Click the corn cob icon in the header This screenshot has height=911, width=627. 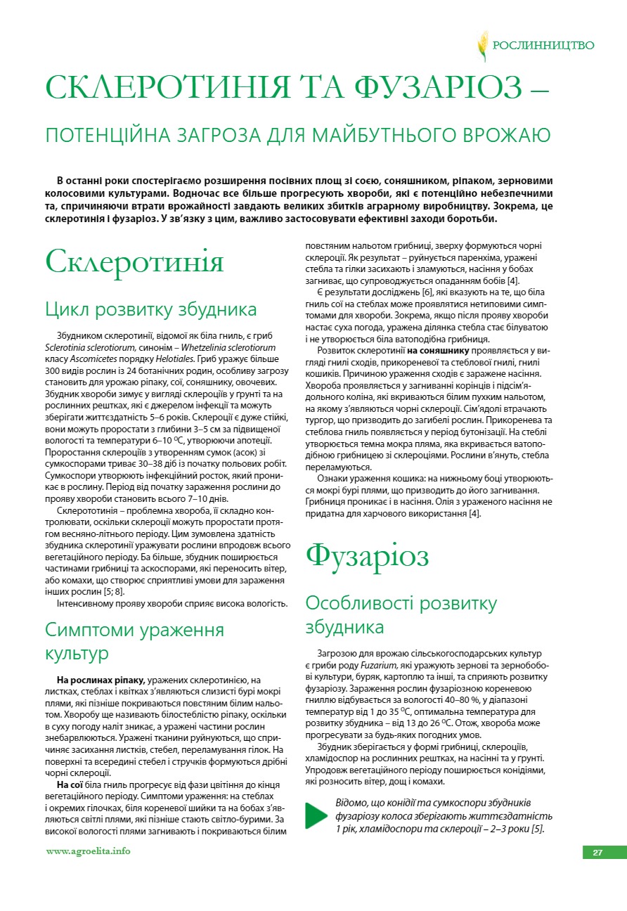coord(483,46)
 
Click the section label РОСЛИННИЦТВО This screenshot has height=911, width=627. coord(543,46)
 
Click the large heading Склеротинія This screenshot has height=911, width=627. coord(134,262)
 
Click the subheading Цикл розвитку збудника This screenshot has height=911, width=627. coord(151,309)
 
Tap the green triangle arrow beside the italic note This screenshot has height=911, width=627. coord(316,815)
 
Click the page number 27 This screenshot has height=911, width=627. coord(597,853)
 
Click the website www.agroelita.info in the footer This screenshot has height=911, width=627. coord(88,851)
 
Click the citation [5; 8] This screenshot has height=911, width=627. coord(113,592)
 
